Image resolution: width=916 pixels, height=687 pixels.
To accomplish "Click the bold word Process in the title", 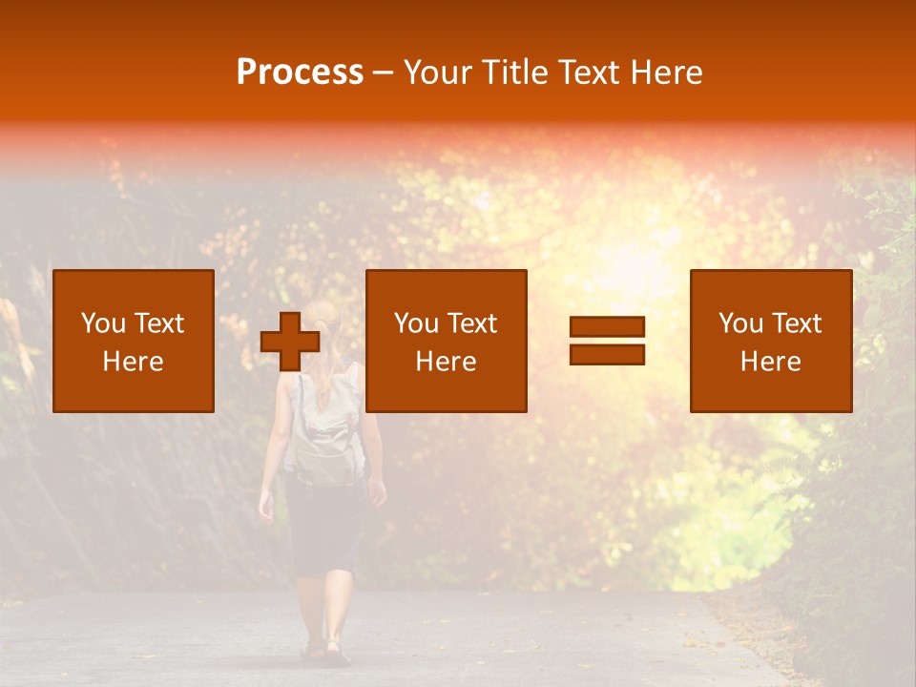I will coord(300,73).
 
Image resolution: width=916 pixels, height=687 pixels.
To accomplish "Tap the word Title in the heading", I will coord(520,73).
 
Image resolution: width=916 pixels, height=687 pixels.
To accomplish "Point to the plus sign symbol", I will coord(290,342).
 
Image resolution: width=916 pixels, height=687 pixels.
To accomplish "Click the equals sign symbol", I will coord(607,341).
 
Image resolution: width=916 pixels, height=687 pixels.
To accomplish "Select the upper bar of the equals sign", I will coord(607,327).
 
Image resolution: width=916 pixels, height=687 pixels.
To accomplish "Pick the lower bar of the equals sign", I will coord(607,354).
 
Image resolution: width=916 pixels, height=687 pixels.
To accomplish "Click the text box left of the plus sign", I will coord(134,341).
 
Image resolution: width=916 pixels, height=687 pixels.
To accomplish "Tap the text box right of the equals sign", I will coord(771,341).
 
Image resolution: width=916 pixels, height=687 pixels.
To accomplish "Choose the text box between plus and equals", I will coord(447,341).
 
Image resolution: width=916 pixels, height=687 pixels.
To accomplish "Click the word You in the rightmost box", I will coord(740,323).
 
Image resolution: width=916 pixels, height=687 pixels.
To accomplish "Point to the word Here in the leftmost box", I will coord(134,362).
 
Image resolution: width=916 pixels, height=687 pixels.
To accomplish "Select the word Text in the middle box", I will coord(472,323).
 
